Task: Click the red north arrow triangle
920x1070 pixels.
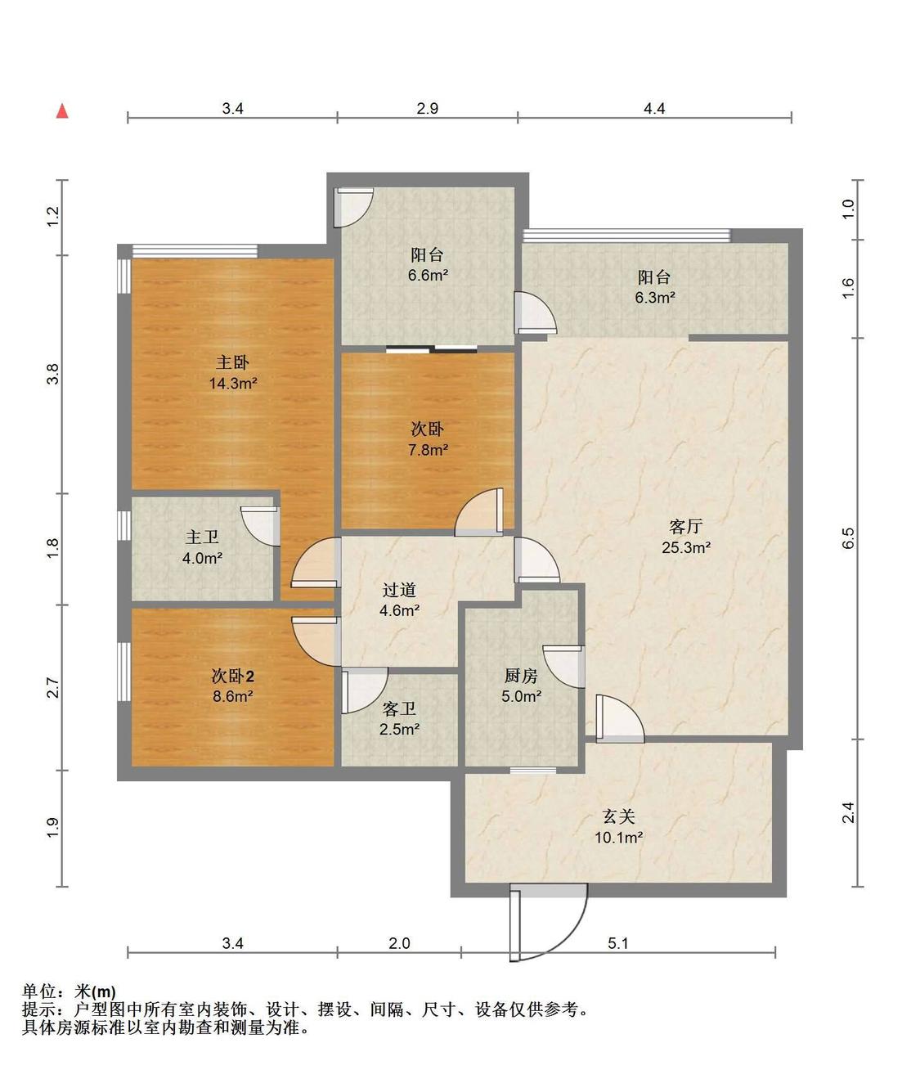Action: point(62,110)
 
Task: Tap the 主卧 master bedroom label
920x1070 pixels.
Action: point(232,362)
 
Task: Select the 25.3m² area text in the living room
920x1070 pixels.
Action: point(685,547)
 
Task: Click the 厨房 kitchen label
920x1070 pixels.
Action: point(521,675)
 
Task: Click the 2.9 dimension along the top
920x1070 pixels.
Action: point(428,108)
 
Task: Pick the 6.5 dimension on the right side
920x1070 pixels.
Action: point(848,537)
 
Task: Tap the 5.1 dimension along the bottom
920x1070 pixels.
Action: point(617,943)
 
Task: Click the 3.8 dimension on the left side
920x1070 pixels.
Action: point(53,374)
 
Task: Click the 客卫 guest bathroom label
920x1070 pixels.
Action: point(399,708)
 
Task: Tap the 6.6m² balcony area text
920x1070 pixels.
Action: point(428,275)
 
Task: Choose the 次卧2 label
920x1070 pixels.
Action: point(232,676)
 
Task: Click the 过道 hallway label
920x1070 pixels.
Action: point(399,589)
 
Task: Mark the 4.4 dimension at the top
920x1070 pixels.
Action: point(654,108)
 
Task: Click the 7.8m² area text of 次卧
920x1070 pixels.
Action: point(428,449)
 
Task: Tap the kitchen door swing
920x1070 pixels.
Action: point(564,666)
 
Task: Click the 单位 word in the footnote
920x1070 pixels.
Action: point(39,991)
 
